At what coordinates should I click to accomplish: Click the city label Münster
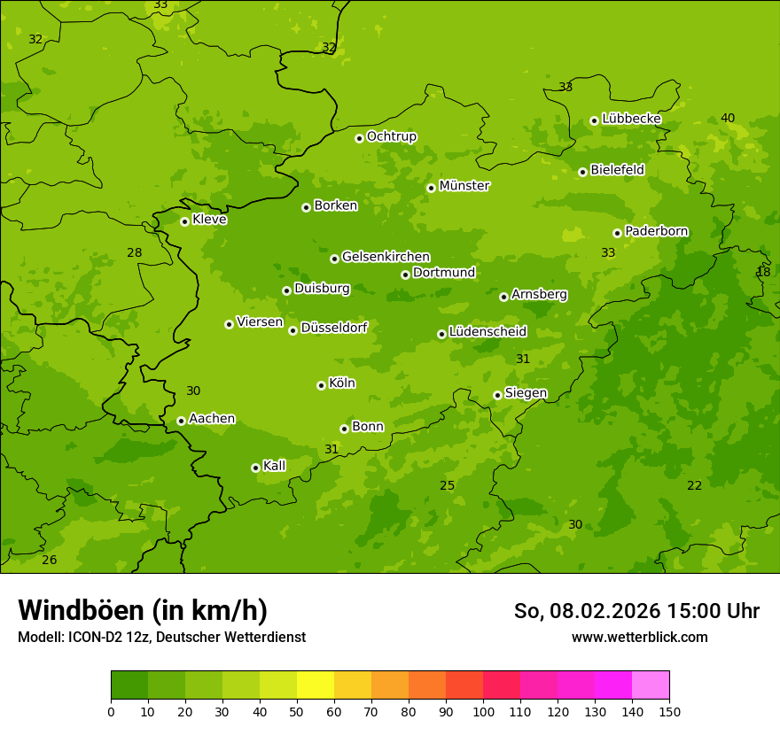[464, 186]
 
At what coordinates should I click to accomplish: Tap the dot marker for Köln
[321, 385]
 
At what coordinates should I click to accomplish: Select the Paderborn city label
[656, 231]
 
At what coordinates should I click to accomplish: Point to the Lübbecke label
[631, 119]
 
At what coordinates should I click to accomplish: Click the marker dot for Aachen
[181, 421]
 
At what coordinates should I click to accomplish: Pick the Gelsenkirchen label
[386, 257]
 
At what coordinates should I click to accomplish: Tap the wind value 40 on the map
[728, 118]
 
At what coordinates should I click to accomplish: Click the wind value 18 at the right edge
[763, 272]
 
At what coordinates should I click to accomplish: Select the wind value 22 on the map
[694, 485]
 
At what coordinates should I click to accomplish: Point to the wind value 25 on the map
[447, 485]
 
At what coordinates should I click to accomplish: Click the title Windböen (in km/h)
[142, 610]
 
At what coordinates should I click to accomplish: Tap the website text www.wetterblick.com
[639, 637]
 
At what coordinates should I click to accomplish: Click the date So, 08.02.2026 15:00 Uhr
[636, 611]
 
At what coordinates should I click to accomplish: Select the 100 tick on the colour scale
[483, 711]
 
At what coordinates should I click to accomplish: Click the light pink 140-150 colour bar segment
[651, 685]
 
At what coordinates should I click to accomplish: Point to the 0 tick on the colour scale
[111, 711]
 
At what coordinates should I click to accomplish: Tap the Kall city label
[274, 466]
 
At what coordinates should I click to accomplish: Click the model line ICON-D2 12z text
[161, 637]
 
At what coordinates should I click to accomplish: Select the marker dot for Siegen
[497, 395]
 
